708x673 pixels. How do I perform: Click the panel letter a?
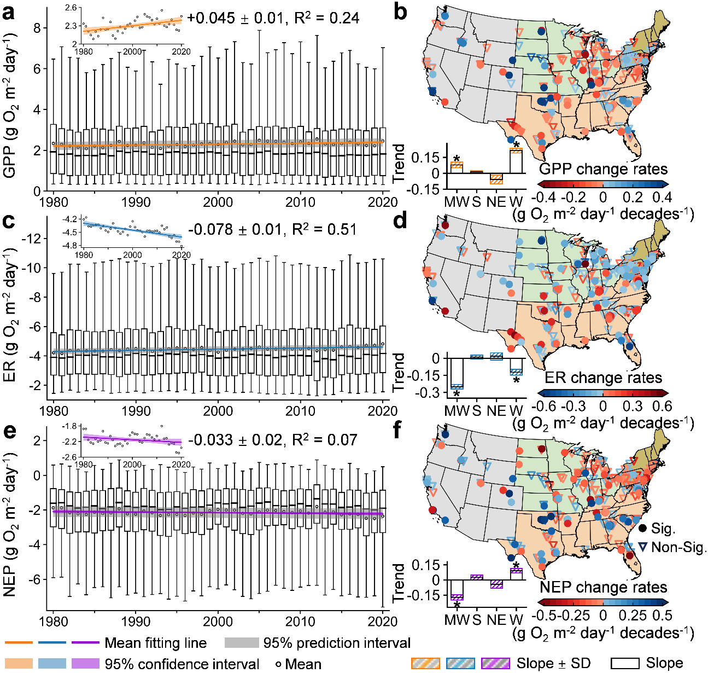9,11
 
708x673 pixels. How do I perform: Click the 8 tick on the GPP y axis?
37,28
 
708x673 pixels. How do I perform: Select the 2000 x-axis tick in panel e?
218,622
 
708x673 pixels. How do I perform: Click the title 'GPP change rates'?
603,169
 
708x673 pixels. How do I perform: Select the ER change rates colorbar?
603,392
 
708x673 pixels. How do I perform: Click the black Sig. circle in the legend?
642,529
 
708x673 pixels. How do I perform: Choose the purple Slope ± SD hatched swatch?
495,663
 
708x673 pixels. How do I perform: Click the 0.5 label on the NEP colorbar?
663,615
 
